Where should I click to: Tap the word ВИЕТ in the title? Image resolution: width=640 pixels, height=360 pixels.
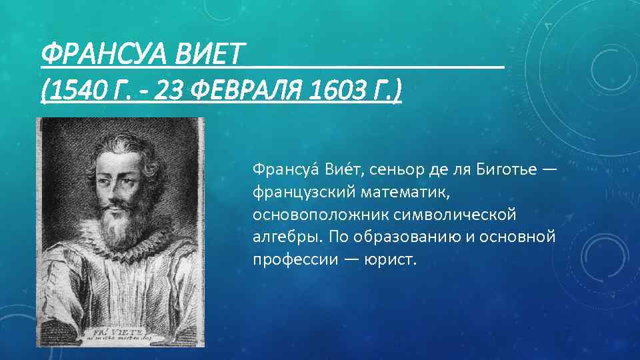tap(209, 55)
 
